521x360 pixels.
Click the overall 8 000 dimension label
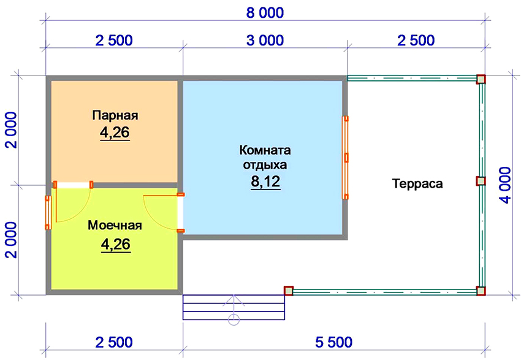point(264,12)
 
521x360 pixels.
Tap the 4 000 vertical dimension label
point(506,185)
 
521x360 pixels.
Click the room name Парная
point(115,115)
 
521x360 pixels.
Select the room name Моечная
point(115,226)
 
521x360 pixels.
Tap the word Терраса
point(417,183)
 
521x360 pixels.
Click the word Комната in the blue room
point(265,151)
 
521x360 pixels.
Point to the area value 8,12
point(265,182)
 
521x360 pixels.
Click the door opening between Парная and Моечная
point(73,184)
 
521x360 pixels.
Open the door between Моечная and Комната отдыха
point(180,212)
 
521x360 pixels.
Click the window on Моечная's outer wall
point(48,213)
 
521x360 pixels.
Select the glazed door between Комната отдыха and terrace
point(346,158)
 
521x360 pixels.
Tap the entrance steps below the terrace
point(234,307)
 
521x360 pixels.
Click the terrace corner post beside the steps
point(288,291)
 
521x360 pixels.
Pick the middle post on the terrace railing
point(481,182)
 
